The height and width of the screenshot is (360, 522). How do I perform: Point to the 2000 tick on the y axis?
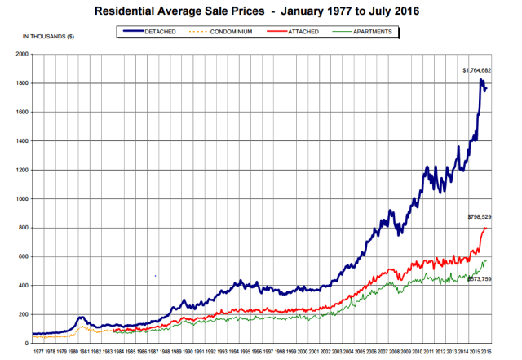pyautogui.click(x=20, y=54)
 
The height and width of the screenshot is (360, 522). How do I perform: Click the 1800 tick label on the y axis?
pyautogui.click(x=20, y=83)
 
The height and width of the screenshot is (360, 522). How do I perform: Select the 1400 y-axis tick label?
pyautogui.click(x=20, y=141)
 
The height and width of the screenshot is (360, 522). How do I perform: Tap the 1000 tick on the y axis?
pyautogui.click(x=20, y=199)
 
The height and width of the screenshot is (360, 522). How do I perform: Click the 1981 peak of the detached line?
pyautogui.click(x=82, y=317)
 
